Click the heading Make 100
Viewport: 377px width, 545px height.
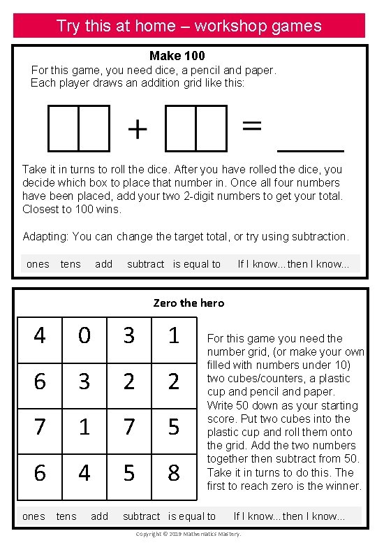177,55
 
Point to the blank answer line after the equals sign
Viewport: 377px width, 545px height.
311,150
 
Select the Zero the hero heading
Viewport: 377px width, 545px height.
188,303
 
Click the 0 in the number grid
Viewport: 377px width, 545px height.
84,336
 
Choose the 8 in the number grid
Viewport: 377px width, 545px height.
173,473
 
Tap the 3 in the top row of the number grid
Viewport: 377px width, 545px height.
128,336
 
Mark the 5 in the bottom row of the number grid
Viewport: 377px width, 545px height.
128,473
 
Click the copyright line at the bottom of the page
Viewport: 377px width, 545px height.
188,534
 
